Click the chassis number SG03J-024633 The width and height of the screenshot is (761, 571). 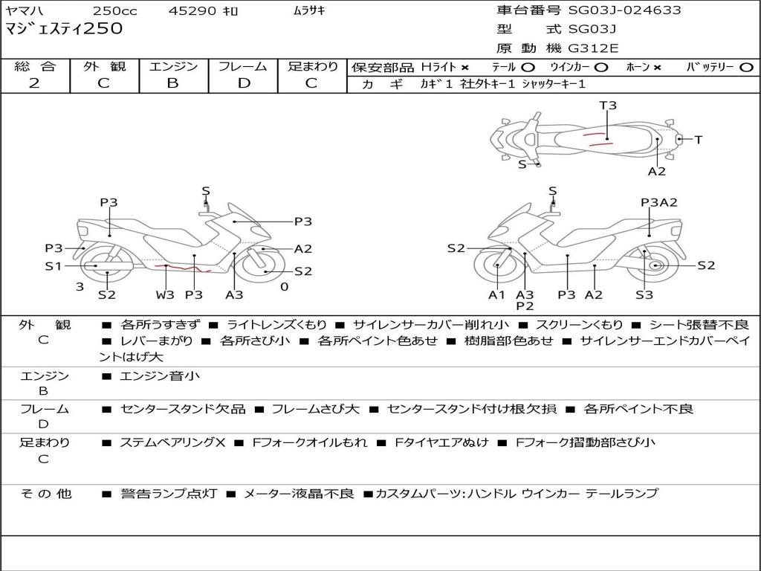624,10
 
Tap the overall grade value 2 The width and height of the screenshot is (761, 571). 34,83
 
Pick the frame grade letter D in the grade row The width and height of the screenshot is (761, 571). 244,83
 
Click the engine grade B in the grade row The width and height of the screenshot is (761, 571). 172,83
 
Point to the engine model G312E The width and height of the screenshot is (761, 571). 593,49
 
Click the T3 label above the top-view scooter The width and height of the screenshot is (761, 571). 608,106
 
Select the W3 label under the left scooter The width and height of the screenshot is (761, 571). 165,295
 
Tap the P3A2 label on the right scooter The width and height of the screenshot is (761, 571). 658,202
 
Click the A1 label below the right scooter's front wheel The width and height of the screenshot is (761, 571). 496,295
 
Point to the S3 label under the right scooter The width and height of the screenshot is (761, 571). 644,295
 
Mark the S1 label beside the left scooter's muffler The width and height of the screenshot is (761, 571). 53,265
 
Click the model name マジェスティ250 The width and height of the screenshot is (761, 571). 64,29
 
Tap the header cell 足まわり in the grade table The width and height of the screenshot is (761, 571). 312,66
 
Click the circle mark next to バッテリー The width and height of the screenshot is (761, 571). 745,67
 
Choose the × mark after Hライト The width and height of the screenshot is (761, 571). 464,67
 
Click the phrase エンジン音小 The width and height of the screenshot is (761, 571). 160,376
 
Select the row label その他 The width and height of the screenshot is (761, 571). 45,494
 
